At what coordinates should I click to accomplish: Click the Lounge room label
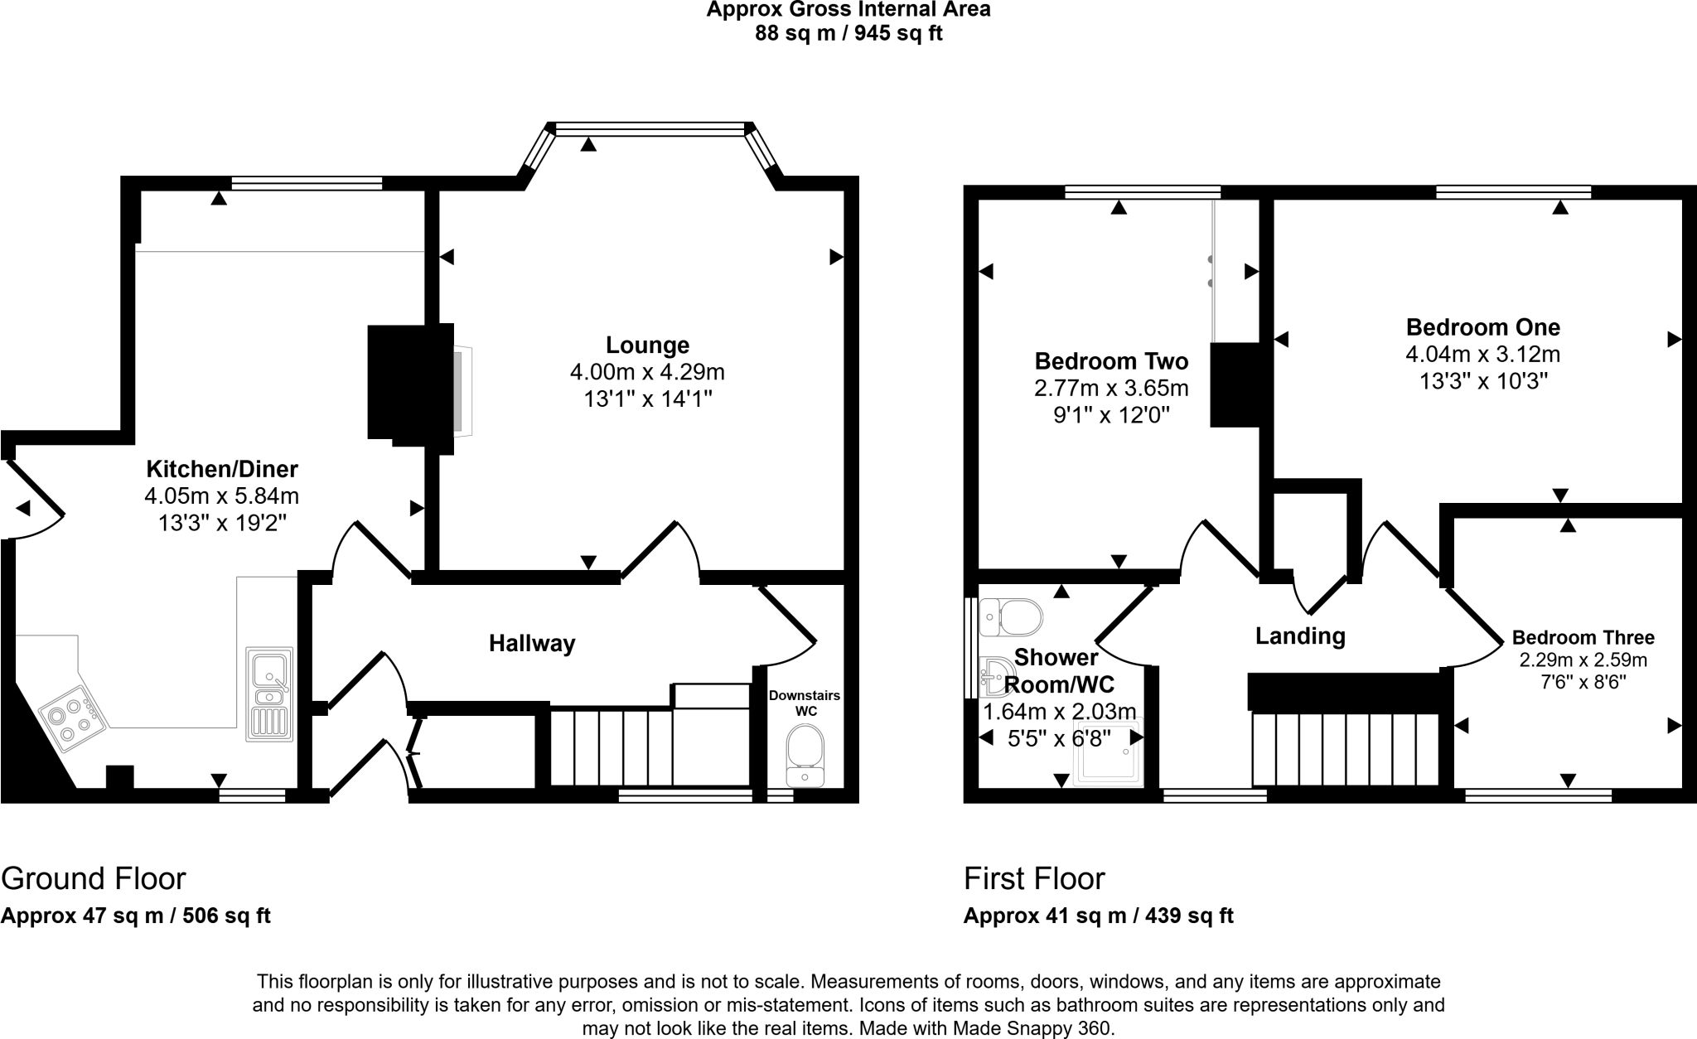click(647, 345)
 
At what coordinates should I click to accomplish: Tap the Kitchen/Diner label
click(222, 469)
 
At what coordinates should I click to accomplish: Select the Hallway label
click(532, 643)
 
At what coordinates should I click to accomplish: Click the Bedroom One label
click(1483, 327)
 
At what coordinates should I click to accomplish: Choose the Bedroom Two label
click(1111, 361)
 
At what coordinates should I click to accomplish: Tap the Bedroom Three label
click(1583, 638)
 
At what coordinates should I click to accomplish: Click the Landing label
click(1300, 636)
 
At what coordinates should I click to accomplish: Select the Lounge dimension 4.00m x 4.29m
click(647, 372)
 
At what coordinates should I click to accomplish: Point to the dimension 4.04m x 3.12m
click(1483, 355)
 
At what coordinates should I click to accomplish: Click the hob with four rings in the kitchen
click(68, 718)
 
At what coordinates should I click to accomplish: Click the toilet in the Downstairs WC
click(803, 755)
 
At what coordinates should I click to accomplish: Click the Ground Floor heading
click(94, 878)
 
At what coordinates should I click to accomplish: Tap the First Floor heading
click(1034, 878)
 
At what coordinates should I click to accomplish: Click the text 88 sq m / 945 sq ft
click(848, 34)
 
